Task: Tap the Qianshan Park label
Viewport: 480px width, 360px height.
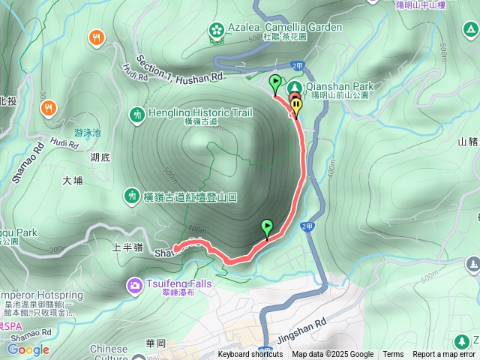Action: point(340,86)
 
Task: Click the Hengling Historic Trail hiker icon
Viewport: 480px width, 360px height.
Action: point(136,115)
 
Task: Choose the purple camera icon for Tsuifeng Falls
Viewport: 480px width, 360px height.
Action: point(135,284)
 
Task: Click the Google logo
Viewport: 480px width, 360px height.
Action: point(28,349)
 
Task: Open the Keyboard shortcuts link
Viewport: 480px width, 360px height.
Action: point(250,355)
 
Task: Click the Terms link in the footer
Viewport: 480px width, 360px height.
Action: point(393,355)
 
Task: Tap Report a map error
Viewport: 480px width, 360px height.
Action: point(444,355)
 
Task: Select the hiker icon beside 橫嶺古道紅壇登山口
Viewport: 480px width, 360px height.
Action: point(131,196)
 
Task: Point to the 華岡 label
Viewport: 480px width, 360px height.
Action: point(155,343)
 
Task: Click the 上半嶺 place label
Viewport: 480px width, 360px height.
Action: point(127,245)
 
